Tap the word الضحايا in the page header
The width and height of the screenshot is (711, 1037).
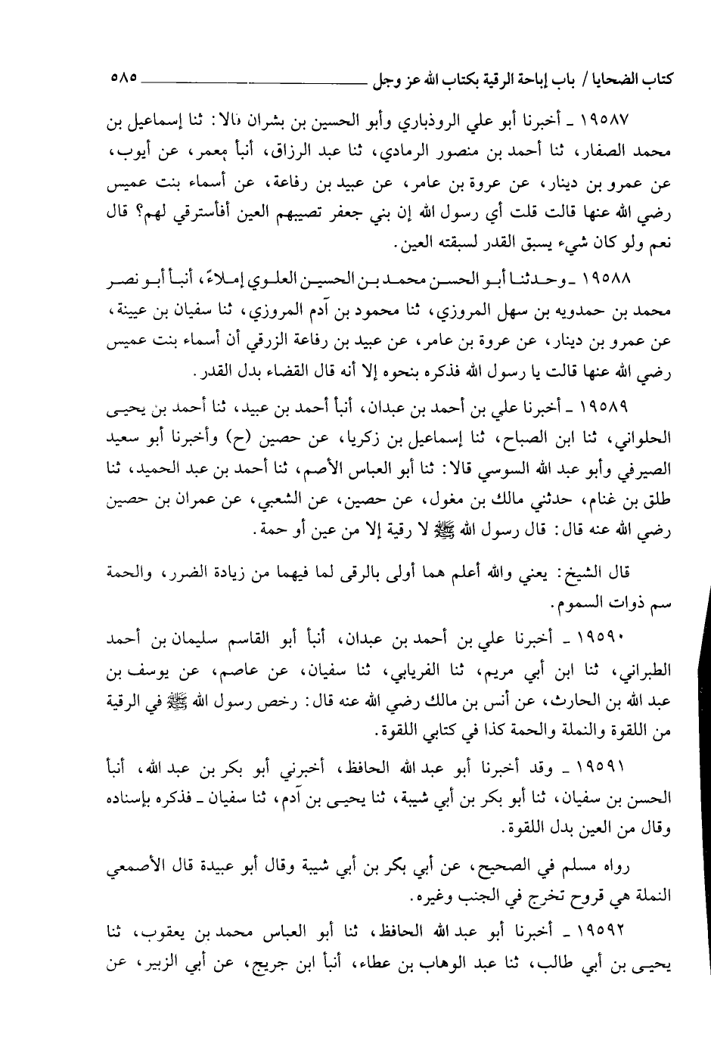click(625, 77)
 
